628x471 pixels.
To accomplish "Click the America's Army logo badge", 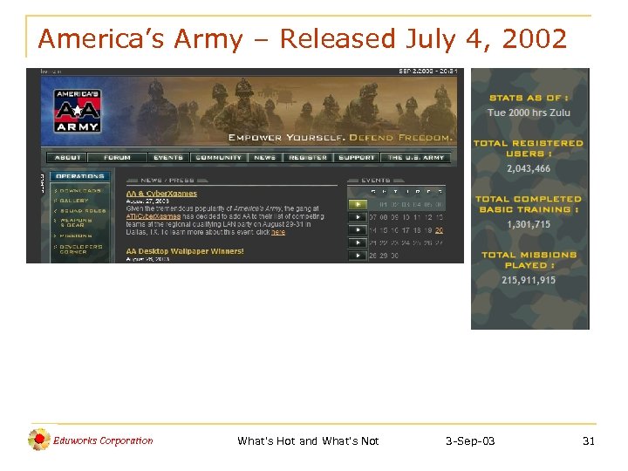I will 78,109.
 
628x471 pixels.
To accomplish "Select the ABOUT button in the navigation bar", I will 69,158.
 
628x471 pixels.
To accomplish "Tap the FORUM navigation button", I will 117,158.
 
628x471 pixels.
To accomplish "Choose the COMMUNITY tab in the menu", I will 218,158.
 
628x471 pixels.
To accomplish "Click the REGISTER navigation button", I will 308,158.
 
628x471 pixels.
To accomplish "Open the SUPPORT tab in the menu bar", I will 357,158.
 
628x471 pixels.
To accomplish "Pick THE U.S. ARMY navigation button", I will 416,158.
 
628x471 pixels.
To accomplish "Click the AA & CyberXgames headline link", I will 161,194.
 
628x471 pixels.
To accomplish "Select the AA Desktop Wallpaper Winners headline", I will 184,251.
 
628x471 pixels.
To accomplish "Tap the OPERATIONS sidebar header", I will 80,175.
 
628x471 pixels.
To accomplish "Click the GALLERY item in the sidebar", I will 75,200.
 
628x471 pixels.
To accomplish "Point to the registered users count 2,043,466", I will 529,168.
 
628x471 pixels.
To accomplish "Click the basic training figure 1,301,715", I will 529,224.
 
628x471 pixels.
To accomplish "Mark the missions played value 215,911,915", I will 529,280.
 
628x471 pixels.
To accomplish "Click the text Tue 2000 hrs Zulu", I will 529,113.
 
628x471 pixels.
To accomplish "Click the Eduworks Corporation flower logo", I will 39,440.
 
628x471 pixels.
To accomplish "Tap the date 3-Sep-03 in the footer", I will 469,441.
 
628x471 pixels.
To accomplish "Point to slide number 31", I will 589,441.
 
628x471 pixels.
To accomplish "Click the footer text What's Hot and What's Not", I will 308,441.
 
